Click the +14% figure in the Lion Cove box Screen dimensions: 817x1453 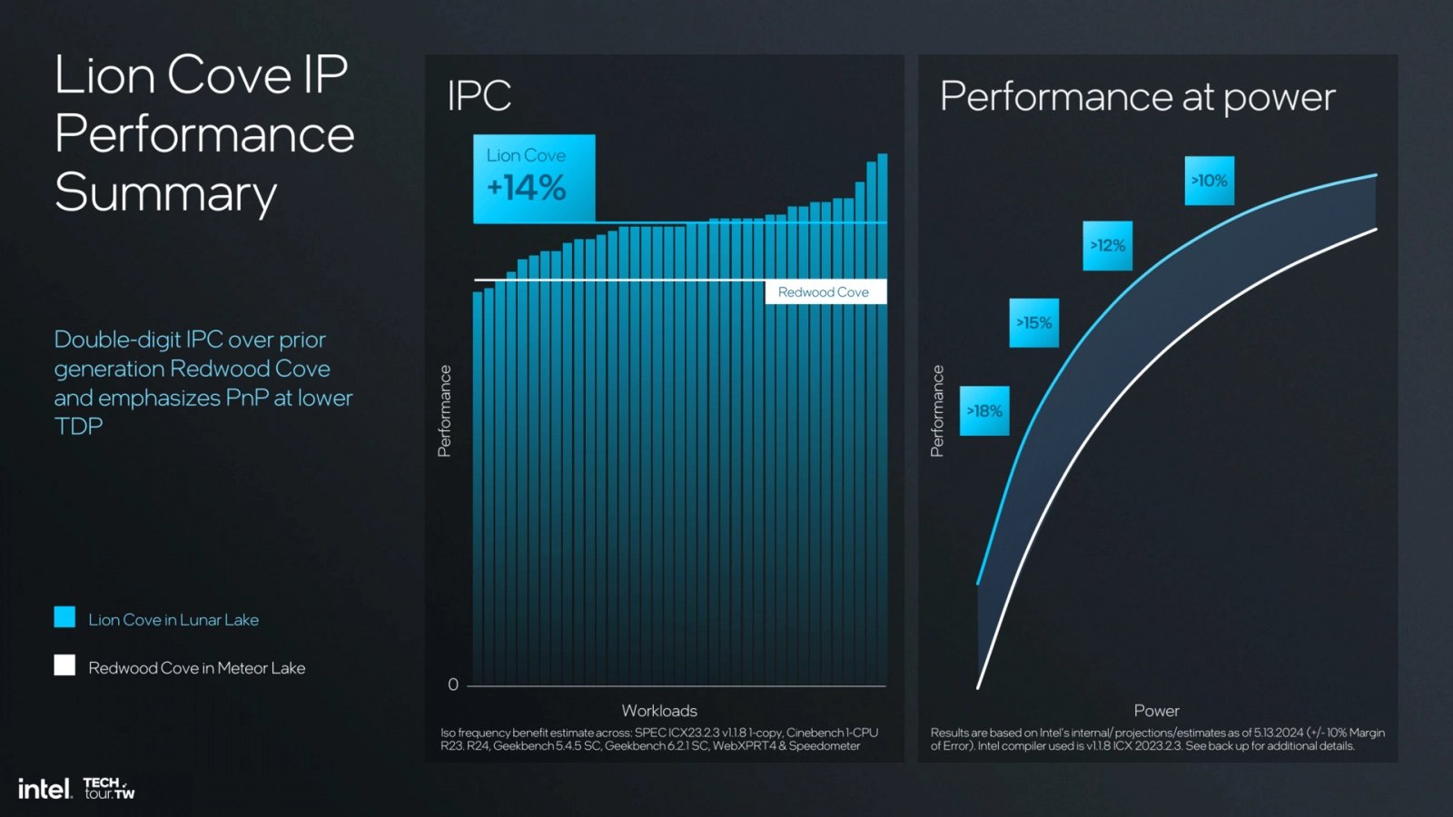tap(527, 188)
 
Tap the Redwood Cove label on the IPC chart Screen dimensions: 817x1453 tap(824, 292)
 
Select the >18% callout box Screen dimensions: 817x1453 tap(984, 411)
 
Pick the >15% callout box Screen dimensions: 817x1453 tap(1033, 323)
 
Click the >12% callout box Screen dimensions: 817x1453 tap(1107, 246)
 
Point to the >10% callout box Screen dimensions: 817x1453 tap(1209, 181)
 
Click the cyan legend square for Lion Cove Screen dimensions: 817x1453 tap(64, 617)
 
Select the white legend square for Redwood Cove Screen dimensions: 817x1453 tap(64, 665)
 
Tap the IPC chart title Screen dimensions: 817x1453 tap(479, 96)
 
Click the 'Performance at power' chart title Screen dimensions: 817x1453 tap(1137, 97)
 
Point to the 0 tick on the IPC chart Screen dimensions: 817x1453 tap(453, 684)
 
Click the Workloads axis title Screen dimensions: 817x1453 tap(659, 711)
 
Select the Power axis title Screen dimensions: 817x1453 tap(1156, 711)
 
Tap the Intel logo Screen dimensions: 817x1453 tap(44, 788)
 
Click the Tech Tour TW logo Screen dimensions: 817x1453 tap(109, 788)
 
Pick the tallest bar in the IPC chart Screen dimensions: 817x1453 tap(883, 418)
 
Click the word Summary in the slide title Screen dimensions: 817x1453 tap(165, 193)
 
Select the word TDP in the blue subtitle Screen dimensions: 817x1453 tap(78, 427)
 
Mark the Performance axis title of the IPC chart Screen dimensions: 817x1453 tap(444, 410)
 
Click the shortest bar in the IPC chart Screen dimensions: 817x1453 tap(478, 490)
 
